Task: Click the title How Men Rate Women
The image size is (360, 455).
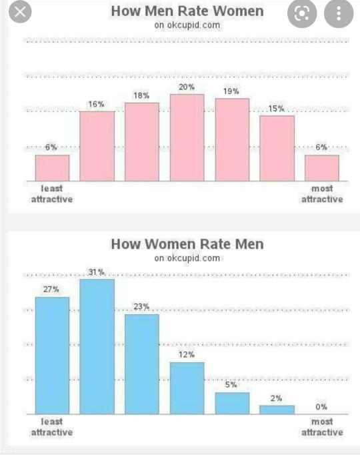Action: tap(187, 11)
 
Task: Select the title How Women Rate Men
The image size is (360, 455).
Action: tap(187, 244)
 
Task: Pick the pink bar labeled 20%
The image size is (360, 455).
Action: tap(187, 137)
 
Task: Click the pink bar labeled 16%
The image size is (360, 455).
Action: tap(97, 146)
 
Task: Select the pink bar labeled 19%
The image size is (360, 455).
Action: tap(231, 139)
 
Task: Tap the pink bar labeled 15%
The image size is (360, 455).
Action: tap(277, 148)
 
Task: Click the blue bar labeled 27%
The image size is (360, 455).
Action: tap(52, 356)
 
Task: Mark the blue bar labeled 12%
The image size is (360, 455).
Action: tap(187, 388)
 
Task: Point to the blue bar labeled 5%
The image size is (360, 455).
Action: tap(231, 403)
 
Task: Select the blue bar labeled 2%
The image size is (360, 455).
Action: tap(277, 410)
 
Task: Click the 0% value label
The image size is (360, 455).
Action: tap(321, 407)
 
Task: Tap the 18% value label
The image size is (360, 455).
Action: tap(141, 96)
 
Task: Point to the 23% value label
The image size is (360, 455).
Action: tap(141, 307)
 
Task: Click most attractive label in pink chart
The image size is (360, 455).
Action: tap(322, 194)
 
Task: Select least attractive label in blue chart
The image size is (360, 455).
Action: tap(52, 427)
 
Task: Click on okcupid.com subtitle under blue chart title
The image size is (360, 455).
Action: tap(187, 258)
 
